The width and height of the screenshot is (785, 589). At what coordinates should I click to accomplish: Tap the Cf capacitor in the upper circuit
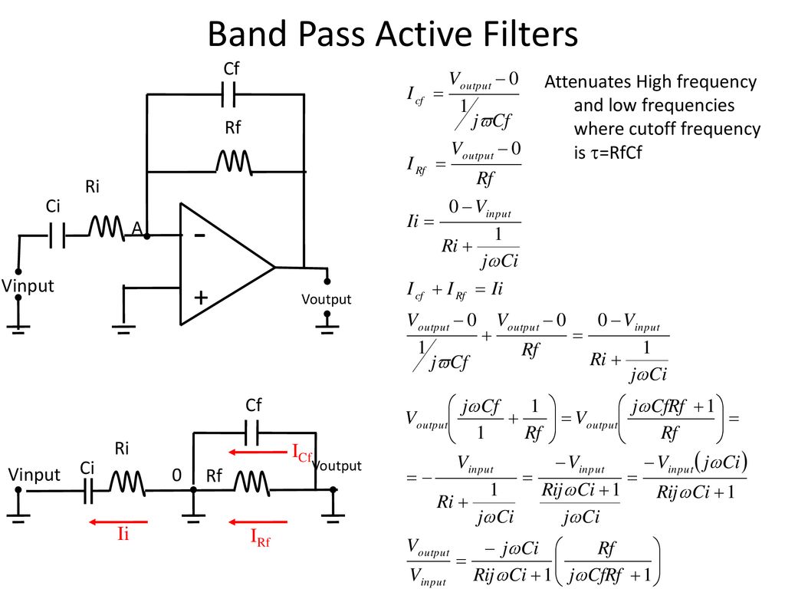pos(228,94)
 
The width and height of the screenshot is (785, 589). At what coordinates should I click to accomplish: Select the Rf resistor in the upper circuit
pos(234,163)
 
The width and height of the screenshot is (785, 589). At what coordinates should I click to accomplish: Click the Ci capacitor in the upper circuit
pos(57,235)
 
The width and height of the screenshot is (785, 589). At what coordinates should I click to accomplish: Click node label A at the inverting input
pos(137,229)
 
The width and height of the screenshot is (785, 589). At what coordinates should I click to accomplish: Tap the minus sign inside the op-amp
pos(199,235)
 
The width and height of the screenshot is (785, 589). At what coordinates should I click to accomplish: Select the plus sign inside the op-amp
pos(201,298)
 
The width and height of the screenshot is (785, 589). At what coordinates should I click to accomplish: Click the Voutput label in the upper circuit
pos(327,300)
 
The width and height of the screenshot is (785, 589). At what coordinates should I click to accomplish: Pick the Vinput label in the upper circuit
pos(28,286)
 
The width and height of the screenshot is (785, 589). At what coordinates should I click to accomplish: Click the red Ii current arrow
pos(118,522)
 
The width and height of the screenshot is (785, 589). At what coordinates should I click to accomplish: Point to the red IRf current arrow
pos(258,522)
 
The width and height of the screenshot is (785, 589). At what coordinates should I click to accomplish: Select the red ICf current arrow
pos(258,452)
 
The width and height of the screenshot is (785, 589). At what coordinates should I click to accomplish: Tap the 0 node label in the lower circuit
pos(177,475)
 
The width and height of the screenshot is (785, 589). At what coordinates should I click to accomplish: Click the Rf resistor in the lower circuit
pos(251,483)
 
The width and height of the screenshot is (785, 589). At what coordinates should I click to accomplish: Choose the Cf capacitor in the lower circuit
pos(251,433)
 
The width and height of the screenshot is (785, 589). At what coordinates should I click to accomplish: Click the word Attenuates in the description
pos(586,81)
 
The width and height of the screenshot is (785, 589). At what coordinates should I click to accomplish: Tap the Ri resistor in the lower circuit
pos(127,483)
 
